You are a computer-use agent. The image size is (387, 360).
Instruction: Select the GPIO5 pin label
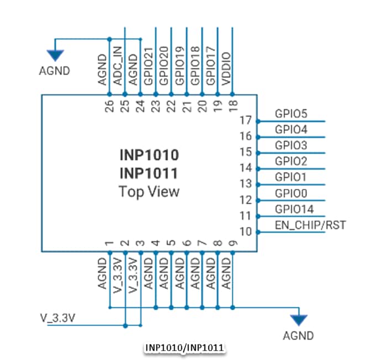point(291,114)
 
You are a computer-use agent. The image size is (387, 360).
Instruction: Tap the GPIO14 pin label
point(294,209)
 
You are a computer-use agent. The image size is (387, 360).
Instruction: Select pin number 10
point(246,231)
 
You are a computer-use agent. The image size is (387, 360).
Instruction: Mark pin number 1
point(109,243)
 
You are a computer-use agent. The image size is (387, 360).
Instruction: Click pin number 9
point(233,243)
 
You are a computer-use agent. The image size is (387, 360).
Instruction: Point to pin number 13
point(246,183)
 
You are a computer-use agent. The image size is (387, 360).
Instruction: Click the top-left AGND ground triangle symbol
point(55,54)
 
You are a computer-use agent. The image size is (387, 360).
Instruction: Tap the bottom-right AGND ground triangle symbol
point(299,320)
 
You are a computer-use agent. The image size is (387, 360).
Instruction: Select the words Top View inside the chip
point(149,192)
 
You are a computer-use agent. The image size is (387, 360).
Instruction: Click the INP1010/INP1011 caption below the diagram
point(185,348)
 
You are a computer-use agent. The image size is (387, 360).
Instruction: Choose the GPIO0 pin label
point(291,193)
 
